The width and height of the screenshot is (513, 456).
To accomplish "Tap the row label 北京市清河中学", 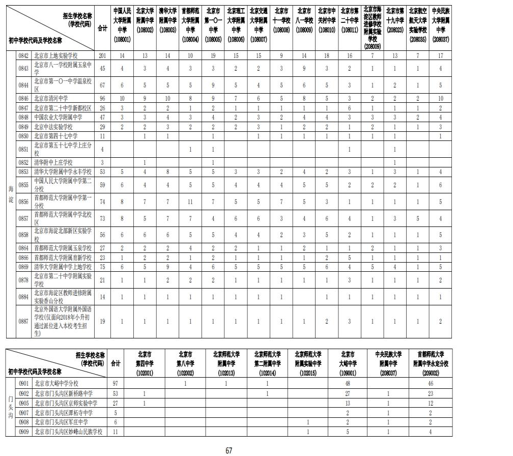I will click(51, 98).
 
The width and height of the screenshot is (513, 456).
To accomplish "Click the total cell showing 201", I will click(102, 55).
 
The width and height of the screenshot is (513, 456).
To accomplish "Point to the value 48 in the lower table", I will click(347, 383).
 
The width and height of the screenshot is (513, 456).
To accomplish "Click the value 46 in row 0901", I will click(430, 383).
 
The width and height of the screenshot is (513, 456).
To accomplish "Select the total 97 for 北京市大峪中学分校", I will click(115, 383).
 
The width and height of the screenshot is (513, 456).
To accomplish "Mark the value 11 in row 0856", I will click(189, 202).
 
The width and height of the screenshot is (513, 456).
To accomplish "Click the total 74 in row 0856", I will click(102, 202).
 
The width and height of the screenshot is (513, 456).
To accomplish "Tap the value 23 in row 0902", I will click(430, 393).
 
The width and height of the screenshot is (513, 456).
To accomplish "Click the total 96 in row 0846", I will click(102, 98).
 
